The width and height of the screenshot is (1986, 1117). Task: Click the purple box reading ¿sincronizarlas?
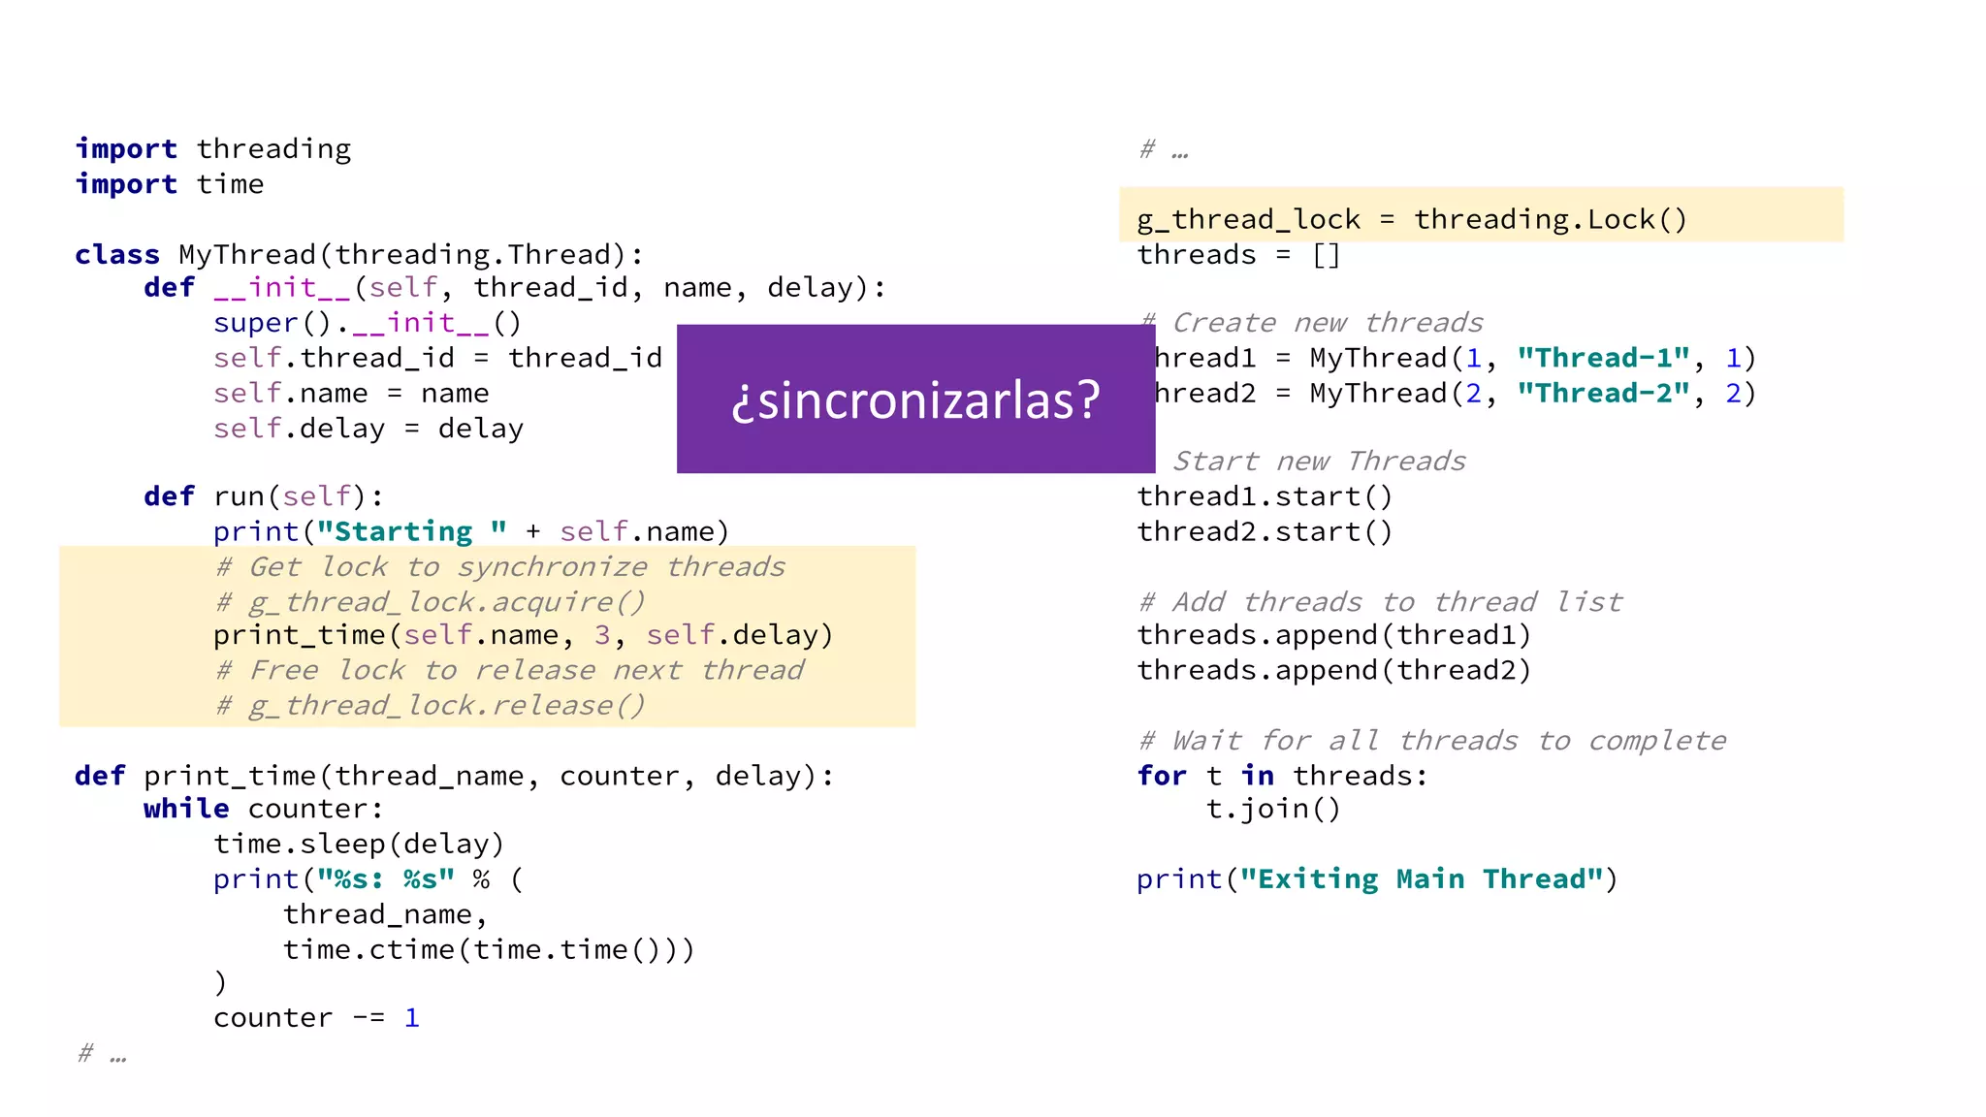tap(915, 399)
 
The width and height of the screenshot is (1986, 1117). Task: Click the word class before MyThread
tap(117, 254)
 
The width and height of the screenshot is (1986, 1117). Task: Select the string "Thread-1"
tap(1604, 358)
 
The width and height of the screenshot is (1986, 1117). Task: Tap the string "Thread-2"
tap(1604, 393)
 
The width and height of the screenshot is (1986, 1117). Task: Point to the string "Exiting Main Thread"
tap(1422, 878)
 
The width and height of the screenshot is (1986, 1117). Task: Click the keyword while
tap(186, 809)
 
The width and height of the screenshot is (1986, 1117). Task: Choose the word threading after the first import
tap(273, 148)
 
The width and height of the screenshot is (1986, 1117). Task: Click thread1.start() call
tap(1265, 496)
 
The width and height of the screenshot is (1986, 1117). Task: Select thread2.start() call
tap(1265, 531)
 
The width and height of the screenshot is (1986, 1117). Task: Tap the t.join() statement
tap(1273, 809)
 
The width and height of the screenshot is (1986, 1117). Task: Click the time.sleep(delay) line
tap(359, 844)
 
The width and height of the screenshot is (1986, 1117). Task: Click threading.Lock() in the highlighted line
tap(1550, 219)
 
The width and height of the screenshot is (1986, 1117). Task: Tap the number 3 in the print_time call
tap(602, 635)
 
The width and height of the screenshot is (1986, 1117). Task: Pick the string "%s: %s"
tap(386, 878)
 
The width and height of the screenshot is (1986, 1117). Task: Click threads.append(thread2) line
tap(1333, 670)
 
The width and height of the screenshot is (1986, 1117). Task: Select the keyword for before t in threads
tap(1162, 776)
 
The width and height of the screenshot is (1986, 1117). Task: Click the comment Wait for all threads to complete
tap(1433, 741)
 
